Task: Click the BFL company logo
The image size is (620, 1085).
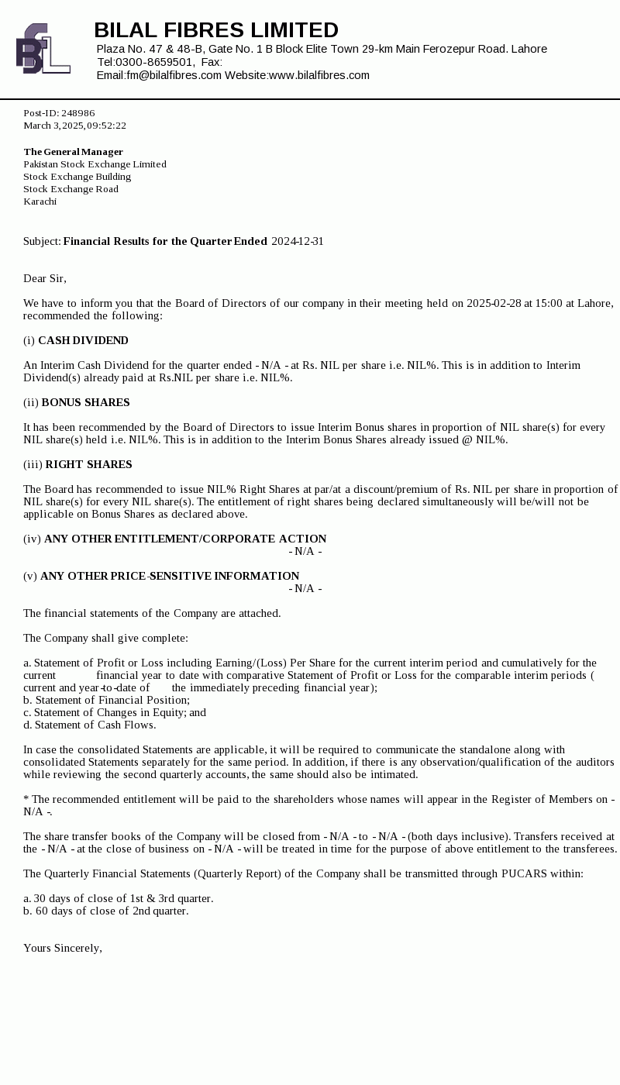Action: [x=43, y=49]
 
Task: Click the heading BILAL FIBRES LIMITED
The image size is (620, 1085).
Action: [x=216, y=30]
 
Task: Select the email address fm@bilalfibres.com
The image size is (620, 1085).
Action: [x=174, y=75]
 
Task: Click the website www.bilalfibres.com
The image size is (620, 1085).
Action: [x=319, y=75]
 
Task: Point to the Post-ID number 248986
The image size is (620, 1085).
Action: [x=78, y=113]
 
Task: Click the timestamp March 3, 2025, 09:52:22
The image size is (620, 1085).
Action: [x=74, y=126]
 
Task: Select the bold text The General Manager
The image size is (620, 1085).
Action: [x=73, y=152]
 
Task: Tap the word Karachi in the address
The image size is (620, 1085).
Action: [x=40, y=201]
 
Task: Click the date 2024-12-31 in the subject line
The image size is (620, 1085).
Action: [x=298, y=241]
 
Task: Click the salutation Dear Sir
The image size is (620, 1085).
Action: [x=45, y=278]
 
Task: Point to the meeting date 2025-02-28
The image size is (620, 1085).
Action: [x=494, y=303]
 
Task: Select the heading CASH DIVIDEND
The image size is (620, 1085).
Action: [x=83, y=340]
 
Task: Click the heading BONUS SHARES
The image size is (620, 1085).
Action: [x=85, y=402]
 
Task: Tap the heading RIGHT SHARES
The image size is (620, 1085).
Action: [x=88, y=464]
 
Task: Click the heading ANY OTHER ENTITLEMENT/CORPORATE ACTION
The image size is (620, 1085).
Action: [x=185, y=539]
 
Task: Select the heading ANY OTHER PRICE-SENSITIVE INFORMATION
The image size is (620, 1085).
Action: [x=170, y=576]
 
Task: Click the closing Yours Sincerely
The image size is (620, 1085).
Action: [x=63, y=948]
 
